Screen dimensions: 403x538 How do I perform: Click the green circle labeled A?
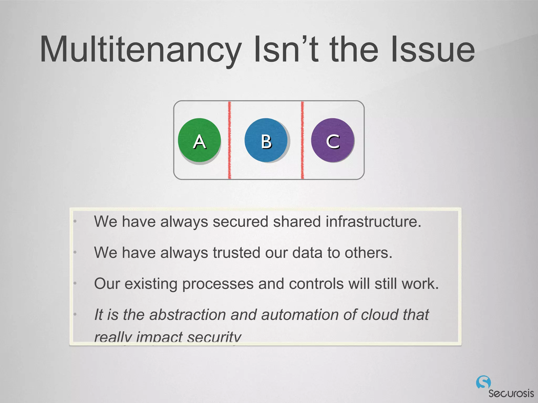tap(199, 140)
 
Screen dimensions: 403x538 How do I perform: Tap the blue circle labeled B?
tap(266, 140)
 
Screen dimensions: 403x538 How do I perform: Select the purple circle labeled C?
tap(333, 140)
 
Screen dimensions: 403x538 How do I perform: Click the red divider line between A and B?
tap(230, 140)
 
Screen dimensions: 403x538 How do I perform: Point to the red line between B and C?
tap(302, 140)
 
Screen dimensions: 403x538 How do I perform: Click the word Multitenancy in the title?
tap(141, 50)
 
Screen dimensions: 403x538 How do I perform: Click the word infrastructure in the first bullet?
tap(373, 221)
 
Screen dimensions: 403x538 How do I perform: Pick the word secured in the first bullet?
tap(240, 221)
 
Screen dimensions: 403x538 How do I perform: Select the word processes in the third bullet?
tap(218, 284)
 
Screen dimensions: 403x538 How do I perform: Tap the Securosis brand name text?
tap(511, 393)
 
